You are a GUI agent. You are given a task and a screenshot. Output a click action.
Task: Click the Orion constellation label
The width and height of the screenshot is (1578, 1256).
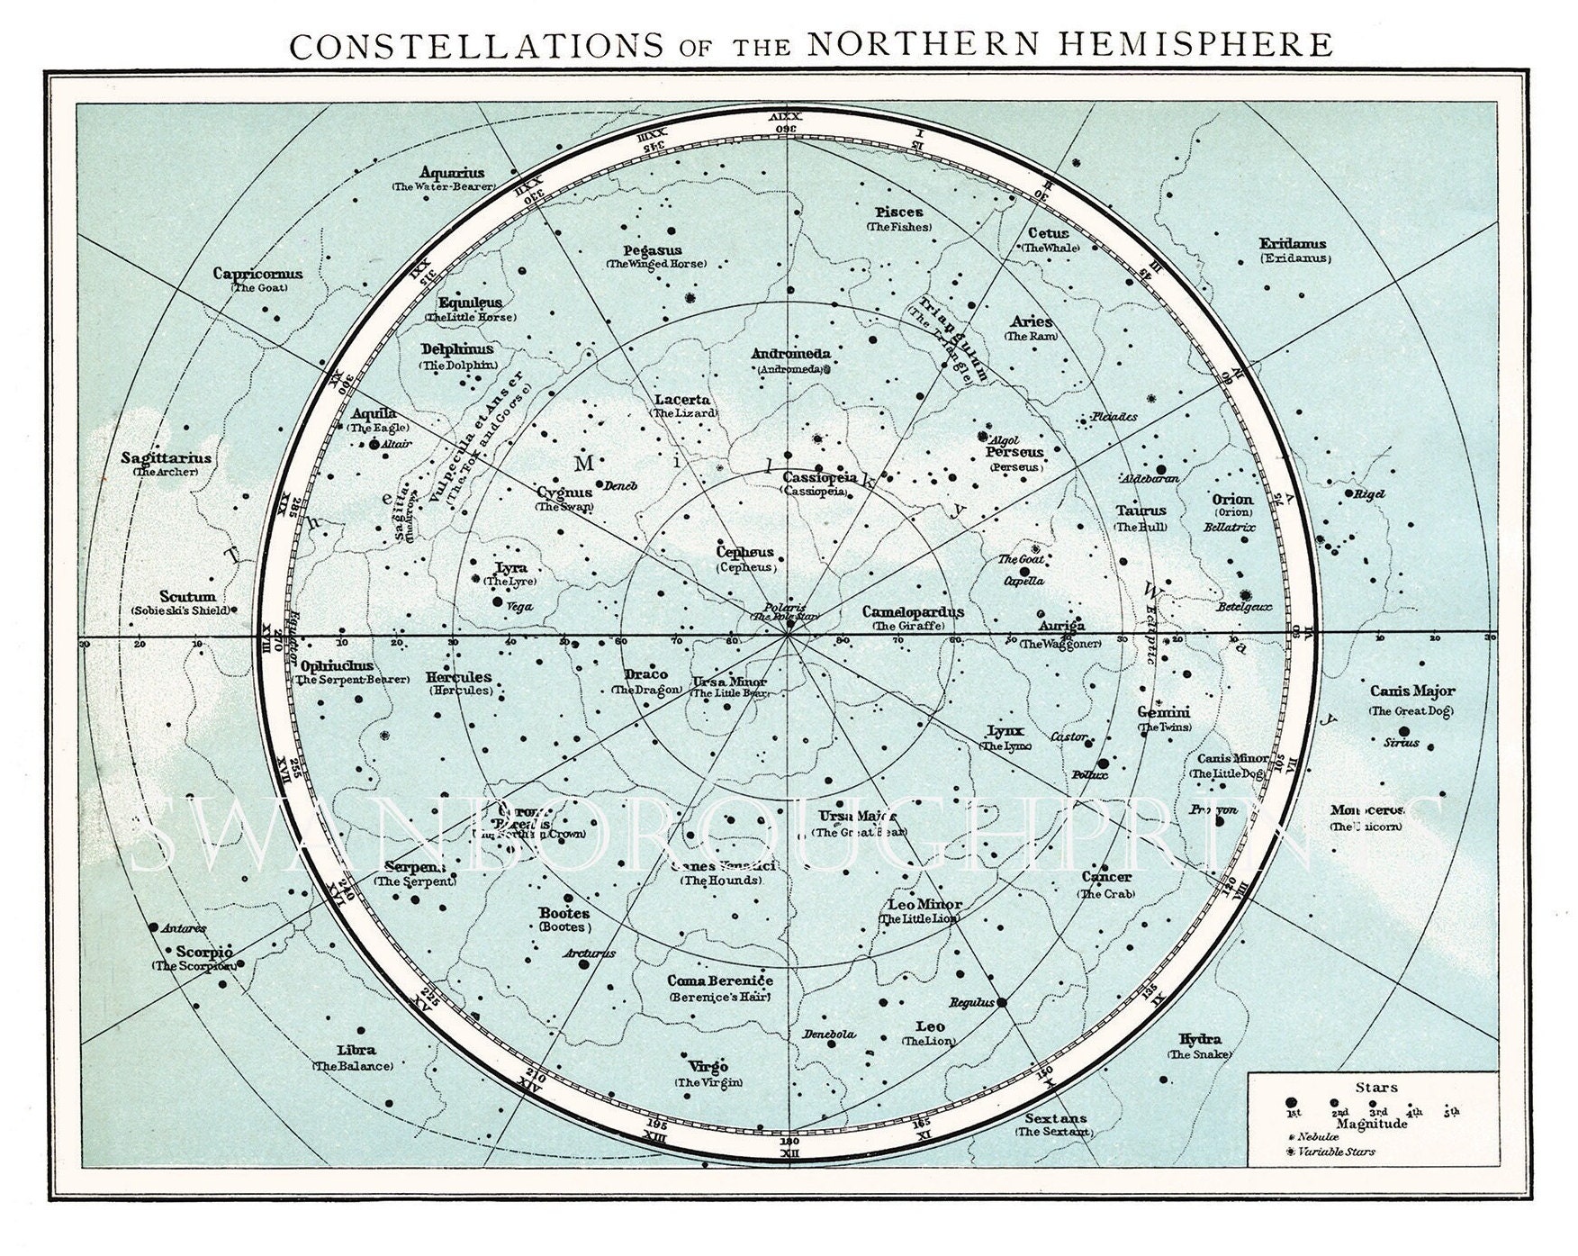[1231, 499]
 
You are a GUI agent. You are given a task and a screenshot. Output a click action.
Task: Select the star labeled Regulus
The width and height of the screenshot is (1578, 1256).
[1003, 1001]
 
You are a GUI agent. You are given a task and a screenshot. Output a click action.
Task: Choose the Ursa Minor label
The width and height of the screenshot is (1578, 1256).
[725, 682]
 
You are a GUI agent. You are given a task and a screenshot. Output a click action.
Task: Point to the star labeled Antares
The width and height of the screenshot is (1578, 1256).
[153, 926]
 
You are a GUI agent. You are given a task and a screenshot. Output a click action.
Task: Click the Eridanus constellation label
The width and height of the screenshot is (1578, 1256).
[1293, 244]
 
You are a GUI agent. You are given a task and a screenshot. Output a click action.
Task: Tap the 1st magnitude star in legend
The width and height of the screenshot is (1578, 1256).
[1291, 1103]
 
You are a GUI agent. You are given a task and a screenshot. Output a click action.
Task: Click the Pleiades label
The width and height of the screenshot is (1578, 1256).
[1113, 417]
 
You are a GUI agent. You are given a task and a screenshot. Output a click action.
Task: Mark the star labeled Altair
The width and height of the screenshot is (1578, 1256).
[374, 444]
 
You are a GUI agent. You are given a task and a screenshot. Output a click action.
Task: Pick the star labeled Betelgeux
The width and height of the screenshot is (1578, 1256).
[1247, 595]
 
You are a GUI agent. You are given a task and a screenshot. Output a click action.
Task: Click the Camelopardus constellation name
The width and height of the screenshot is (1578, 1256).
[912, 612]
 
